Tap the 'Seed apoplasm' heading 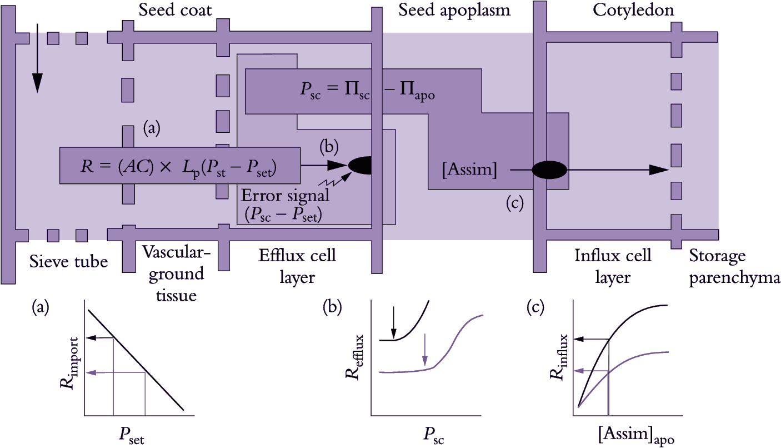click(x=454, y=11)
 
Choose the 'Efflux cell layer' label click(x=297, y=265)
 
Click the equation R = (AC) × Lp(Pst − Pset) click(x=179, y=165)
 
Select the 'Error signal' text click(x=285, y=196)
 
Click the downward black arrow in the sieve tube click(x=37, y=58)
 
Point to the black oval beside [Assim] click(x=550, y=170)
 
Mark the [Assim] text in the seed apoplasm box click(x=469, y=170)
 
